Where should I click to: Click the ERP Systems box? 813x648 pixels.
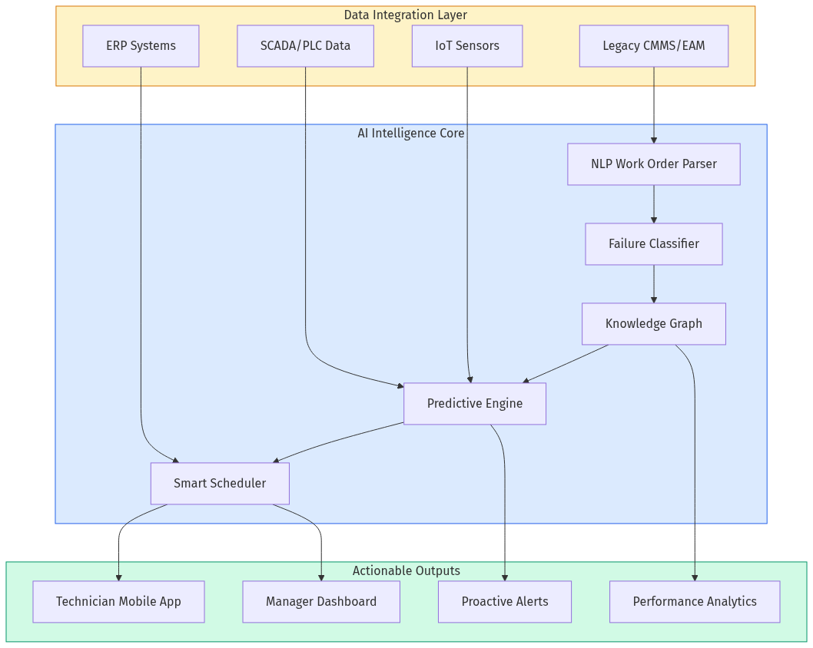(141, 46)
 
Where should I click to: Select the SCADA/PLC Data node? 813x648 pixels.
(305, 46)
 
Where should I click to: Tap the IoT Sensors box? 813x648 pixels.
(467, 46)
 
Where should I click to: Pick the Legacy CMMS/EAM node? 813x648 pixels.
(653, 46)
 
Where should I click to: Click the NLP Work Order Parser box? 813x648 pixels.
(653, 164)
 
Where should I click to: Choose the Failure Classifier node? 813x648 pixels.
(653, 244)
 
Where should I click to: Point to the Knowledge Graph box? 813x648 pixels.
(653, 324)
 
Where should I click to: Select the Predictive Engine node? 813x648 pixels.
(474, 404)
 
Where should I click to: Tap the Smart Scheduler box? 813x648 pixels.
(220, 484)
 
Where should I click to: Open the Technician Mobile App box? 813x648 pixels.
(118, 602)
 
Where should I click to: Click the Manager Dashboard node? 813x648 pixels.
(321, 602)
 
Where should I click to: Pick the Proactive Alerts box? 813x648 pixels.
(505, 602)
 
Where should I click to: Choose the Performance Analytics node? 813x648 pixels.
(695, 602)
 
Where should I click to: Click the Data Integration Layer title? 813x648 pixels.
(405, 15)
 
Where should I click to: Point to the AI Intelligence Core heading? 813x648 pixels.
(410, 133)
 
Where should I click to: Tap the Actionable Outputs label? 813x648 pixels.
(406, 570)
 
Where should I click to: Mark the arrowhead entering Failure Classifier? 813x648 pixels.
(654, 220)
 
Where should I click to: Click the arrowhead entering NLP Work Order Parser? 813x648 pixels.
(654, 140)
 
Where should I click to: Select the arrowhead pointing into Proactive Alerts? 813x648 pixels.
(505, 577)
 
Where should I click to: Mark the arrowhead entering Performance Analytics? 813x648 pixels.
(695, 577)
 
